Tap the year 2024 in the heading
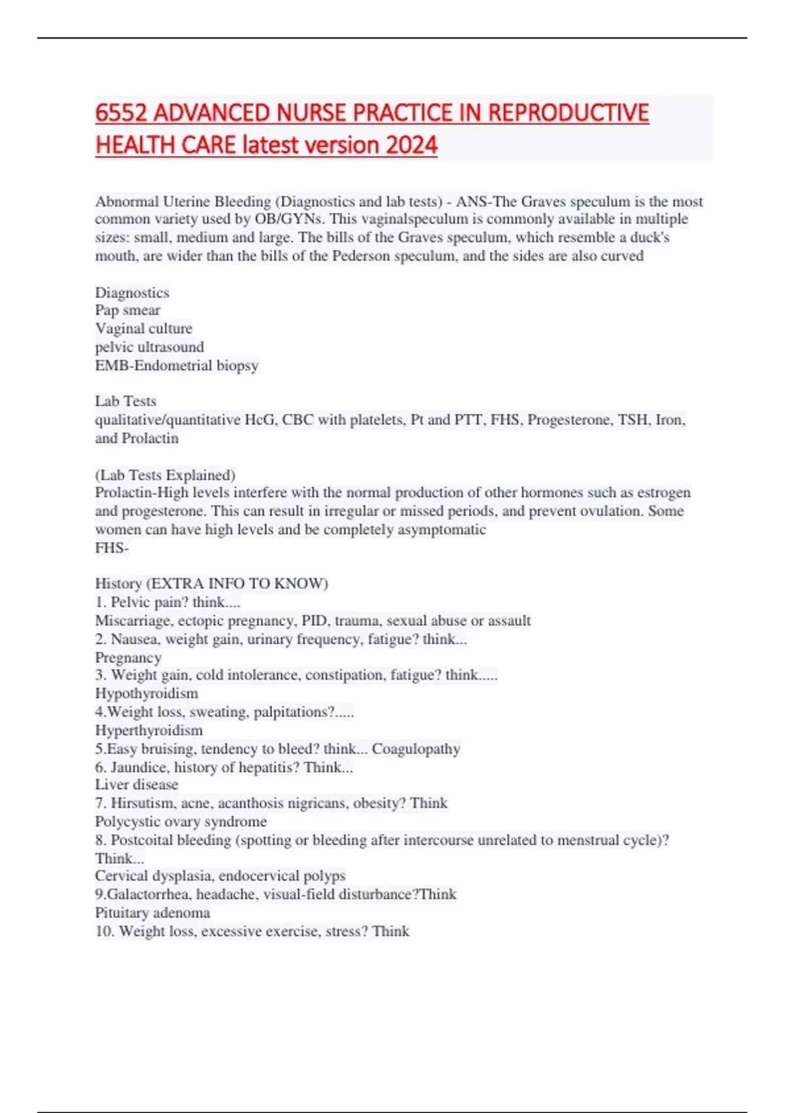[x=411, y=145]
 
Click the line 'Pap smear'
[x=128, y=310]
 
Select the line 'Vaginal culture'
[x=144, y=329]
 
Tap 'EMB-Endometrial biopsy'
[x=177, y=365]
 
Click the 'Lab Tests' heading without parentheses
[x=126, y=401]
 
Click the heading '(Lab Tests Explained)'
[x=166, y=475]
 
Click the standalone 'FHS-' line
[x=112, y=548]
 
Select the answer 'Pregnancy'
[x=128, y=657]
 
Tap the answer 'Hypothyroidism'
[x=147, y=693]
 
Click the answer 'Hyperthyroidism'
[x=149, y=730]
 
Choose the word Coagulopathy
[x=416, y=748]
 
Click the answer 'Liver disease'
[x=137, y=784]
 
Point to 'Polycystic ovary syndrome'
[x=181, y=821]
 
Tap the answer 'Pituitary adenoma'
[x=152, y=913]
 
